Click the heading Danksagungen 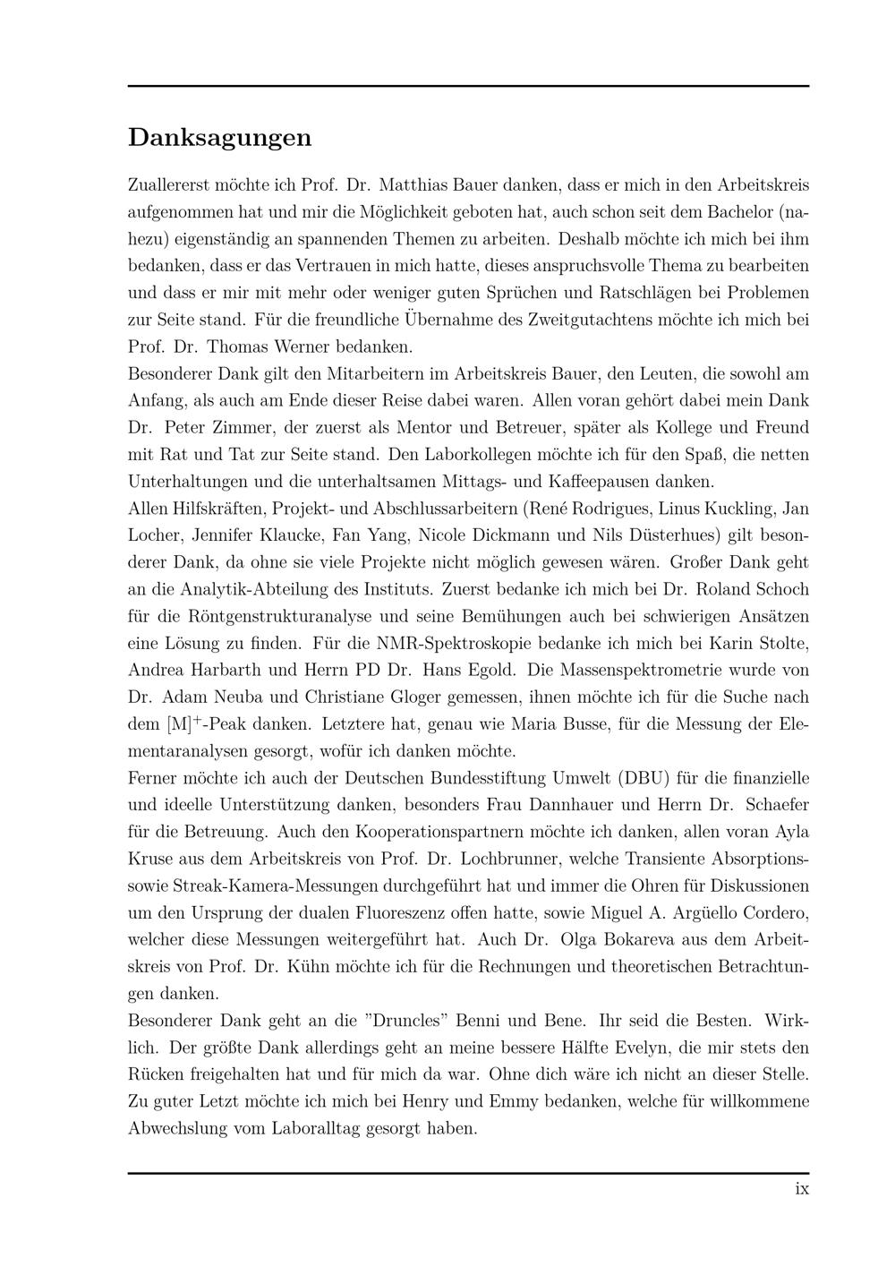pos(219,138)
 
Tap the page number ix pos(802,1189)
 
